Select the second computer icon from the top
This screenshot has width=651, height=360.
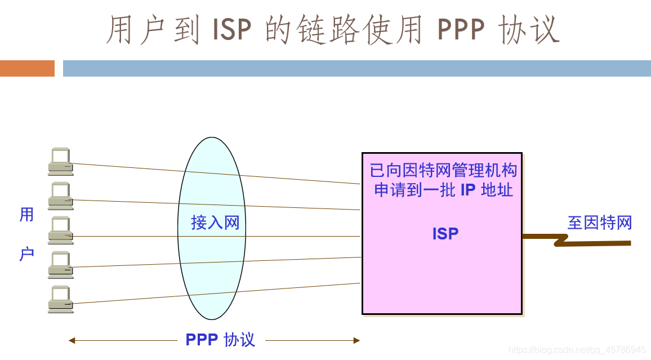[60, 195]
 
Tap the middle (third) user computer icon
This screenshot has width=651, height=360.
[60, 230]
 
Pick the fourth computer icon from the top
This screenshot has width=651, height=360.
[60, 265]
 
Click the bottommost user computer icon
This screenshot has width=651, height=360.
[60, 299]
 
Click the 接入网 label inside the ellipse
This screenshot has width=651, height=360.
[215, 223]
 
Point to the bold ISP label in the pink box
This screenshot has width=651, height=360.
[445, 233]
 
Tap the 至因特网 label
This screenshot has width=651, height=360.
[599, 223]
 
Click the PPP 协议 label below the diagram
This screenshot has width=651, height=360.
[220, 340]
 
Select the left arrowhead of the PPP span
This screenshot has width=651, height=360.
[72, 340]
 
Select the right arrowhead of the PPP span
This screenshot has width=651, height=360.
[356, 340]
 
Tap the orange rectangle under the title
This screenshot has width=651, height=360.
[27, 68]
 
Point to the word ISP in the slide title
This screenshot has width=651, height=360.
[232, 30]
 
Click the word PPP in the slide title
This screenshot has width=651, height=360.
[461, 30]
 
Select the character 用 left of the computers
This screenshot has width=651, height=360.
[26, 215]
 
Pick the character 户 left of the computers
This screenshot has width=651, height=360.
[26, 254]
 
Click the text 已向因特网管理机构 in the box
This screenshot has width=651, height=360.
[443, 170]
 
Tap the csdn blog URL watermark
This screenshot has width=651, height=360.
[577, 350]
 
